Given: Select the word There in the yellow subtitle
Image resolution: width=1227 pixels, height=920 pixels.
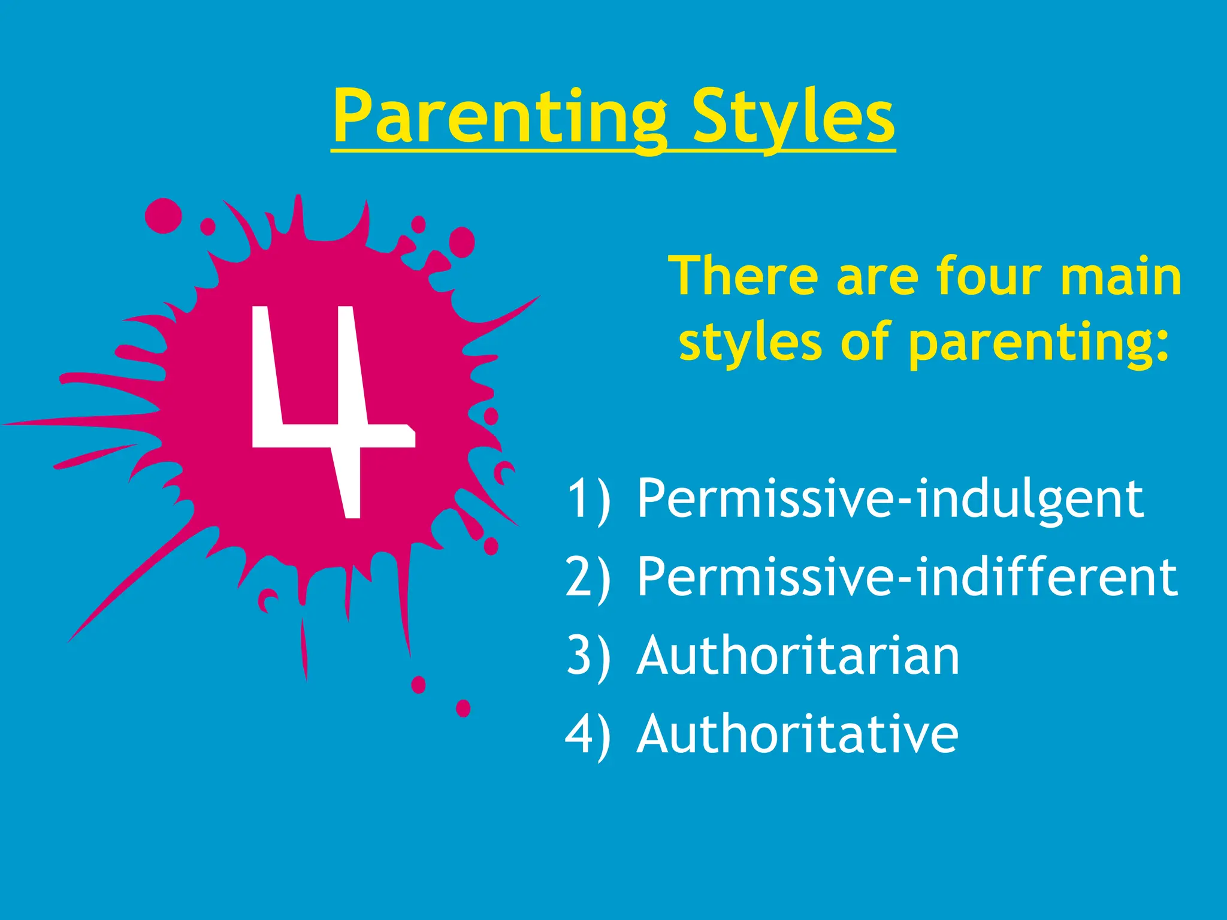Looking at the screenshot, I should click(743, 277).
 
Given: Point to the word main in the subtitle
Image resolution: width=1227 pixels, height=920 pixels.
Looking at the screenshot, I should click(1120, 277).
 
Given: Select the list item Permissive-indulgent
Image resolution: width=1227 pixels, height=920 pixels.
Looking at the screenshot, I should click(890, 498).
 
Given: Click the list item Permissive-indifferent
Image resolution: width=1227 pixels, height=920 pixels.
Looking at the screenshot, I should click(906, 577).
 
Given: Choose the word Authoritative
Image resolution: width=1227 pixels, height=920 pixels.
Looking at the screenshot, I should click(797, 734).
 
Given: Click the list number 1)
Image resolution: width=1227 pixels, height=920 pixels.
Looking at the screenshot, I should click(588, 498).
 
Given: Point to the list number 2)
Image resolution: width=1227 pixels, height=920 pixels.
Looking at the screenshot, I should click(588, 577).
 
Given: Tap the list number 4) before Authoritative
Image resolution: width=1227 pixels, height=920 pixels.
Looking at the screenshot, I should click(588, 734).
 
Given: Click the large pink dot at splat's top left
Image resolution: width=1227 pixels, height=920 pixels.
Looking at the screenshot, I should click(163, 216).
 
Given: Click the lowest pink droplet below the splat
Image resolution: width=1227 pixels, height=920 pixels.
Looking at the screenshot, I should click(463, 709).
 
